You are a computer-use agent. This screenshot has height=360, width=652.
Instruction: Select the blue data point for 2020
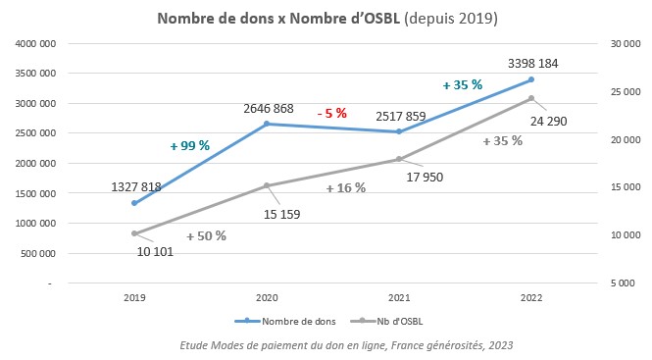(267, 124)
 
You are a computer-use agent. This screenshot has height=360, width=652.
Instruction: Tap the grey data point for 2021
(399, 159)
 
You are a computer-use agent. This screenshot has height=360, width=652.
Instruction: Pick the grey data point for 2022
(531, 98)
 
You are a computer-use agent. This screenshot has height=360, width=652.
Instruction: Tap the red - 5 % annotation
(332, 114)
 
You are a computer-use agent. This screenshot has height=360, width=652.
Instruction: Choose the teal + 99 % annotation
(189, 145)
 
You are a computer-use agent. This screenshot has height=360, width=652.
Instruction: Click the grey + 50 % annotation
(206, 235)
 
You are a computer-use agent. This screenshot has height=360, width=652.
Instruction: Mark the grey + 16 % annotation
(345, 187)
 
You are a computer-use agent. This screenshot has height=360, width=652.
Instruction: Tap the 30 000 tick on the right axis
(624, 44)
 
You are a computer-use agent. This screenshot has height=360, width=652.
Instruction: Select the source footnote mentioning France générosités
(346, 345)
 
